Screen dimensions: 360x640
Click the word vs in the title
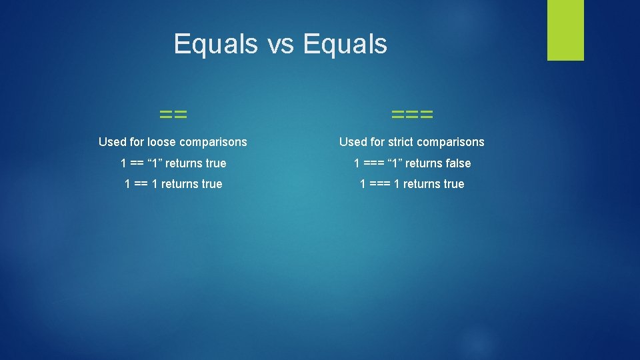pos(279,45)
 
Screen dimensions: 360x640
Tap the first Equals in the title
pos(215,45)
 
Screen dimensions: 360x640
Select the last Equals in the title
pos(345,45)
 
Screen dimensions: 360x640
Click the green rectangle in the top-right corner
pos(565,30)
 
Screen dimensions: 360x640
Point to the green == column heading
pos(173,115)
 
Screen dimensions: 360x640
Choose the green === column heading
pos(412,115)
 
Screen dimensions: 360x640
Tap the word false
pos(455,163)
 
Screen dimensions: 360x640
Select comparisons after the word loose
pos(213,142)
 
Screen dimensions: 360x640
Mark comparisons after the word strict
pos(451,142)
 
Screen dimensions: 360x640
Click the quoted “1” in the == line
pos(153,163)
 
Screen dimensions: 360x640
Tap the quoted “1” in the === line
pos(394,163)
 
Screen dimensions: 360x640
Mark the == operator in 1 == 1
pos(141,184)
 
